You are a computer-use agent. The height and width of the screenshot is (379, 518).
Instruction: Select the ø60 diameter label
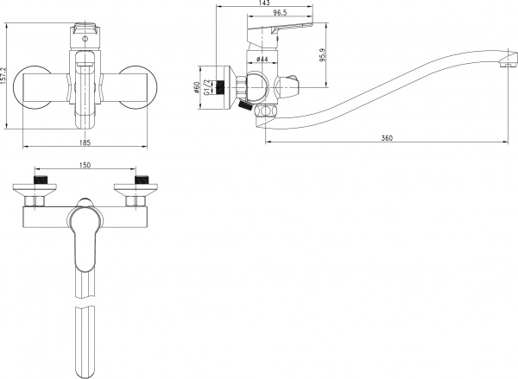[199, 89]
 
